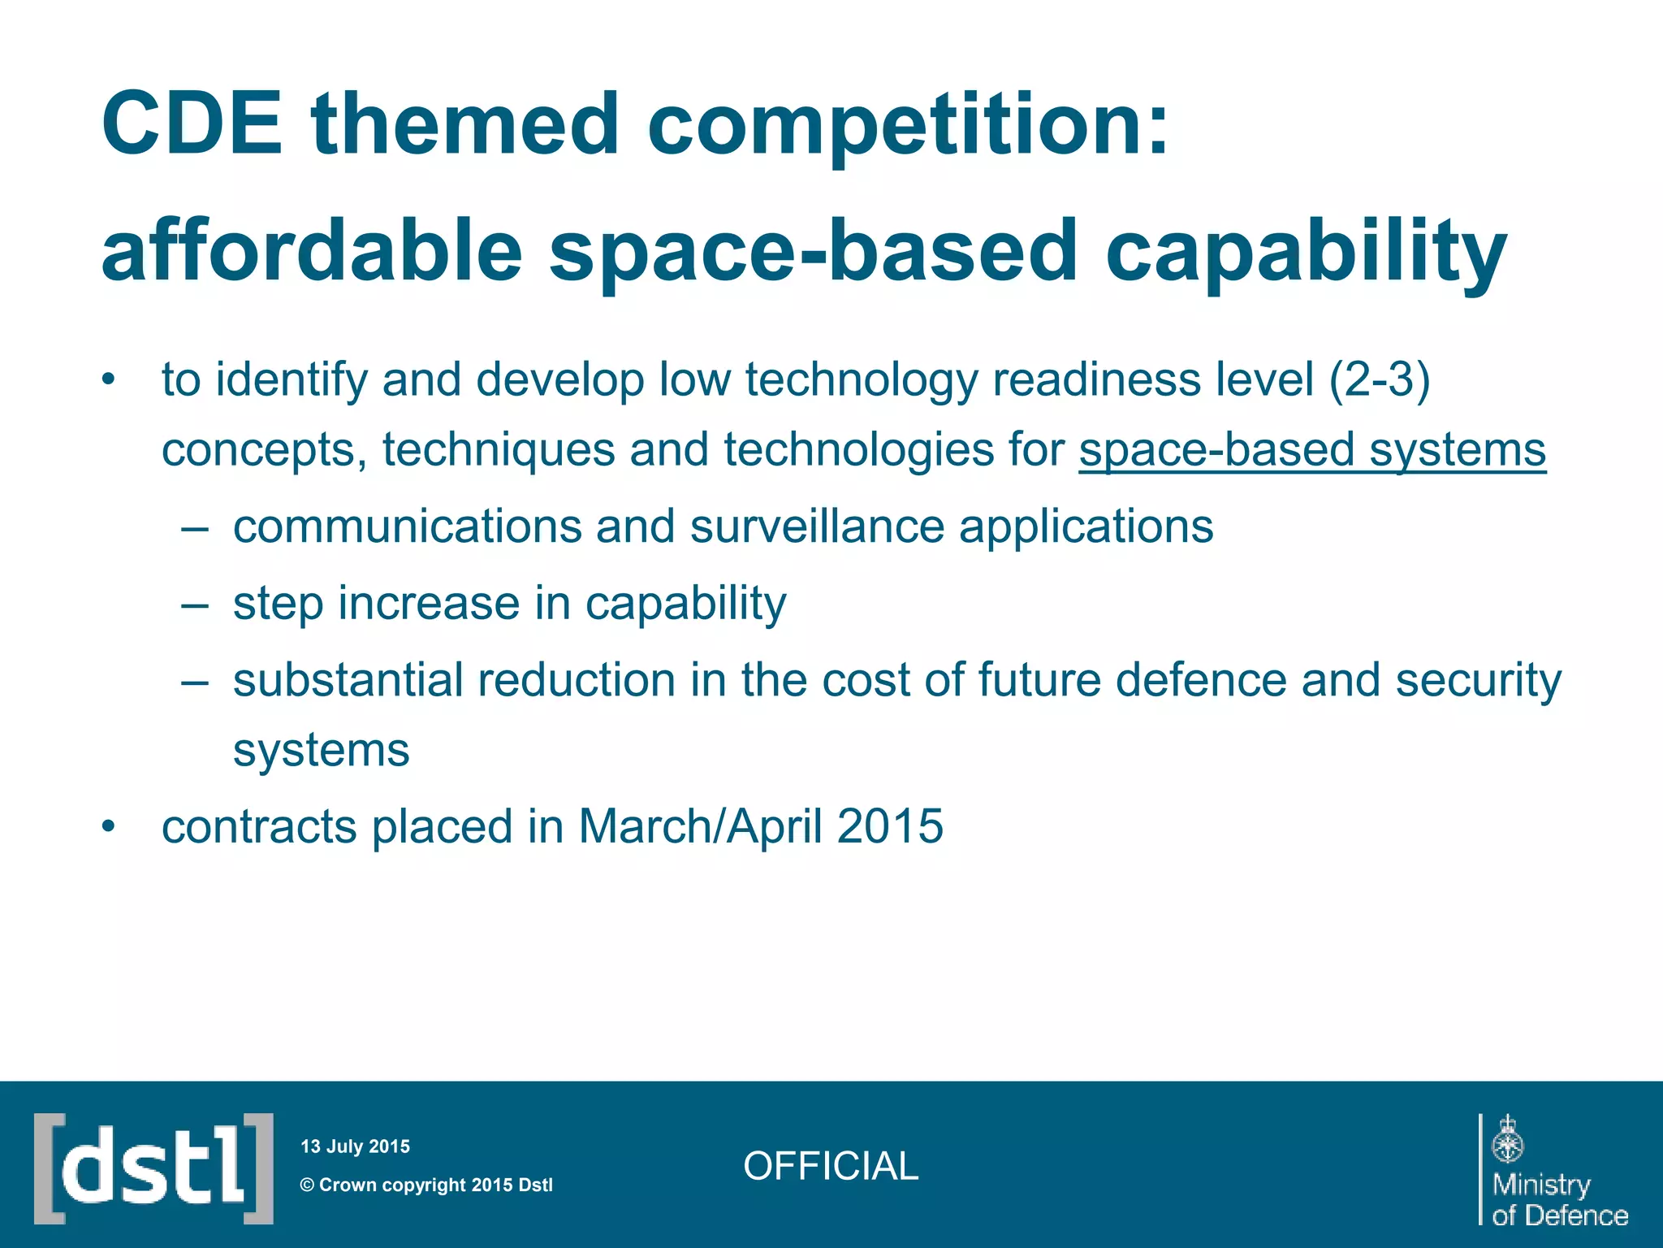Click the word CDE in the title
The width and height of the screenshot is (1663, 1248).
tap(192, 124)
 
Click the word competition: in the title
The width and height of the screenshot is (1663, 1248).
tap(908, 126)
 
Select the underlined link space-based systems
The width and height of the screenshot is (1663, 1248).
tap(1311, 449)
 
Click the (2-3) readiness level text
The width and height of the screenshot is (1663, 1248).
tap(1379, 379)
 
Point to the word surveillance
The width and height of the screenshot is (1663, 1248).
tap(817, 526)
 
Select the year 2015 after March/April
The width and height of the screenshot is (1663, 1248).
tap(890, 826)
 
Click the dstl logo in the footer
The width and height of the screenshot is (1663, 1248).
tap(153, 1168)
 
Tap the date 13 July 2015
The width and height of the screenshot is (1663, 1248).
tap(355, 1146)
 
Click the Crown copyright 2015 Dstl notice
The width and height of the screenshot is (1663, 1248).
tap(426, 1185)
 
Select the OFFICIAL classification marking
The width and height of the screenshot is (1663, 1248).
tap(830, 1166)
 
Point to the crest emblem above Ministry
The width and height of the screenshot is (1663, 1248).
tap(1508, 1139)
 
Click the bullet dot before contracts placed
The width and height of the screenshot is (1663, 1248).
tap(109, 827)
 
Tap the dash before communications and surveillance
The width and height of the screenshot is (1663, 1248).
tap(195, 527)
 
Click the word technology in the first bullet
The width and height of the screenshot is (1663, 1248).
tap(862, 379)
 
